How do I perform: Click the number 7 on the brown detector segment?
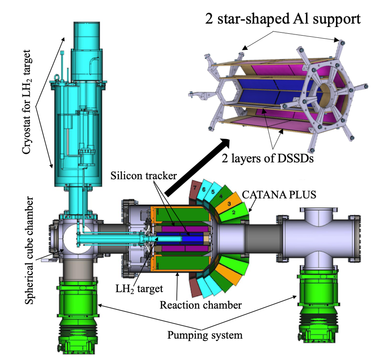195,187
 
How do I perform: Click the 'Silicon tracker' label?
144,175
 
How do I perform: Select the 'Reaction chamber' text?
200,305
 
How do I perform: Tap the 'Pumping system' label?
205,335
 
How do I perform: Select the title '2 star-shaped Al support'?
282,18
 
